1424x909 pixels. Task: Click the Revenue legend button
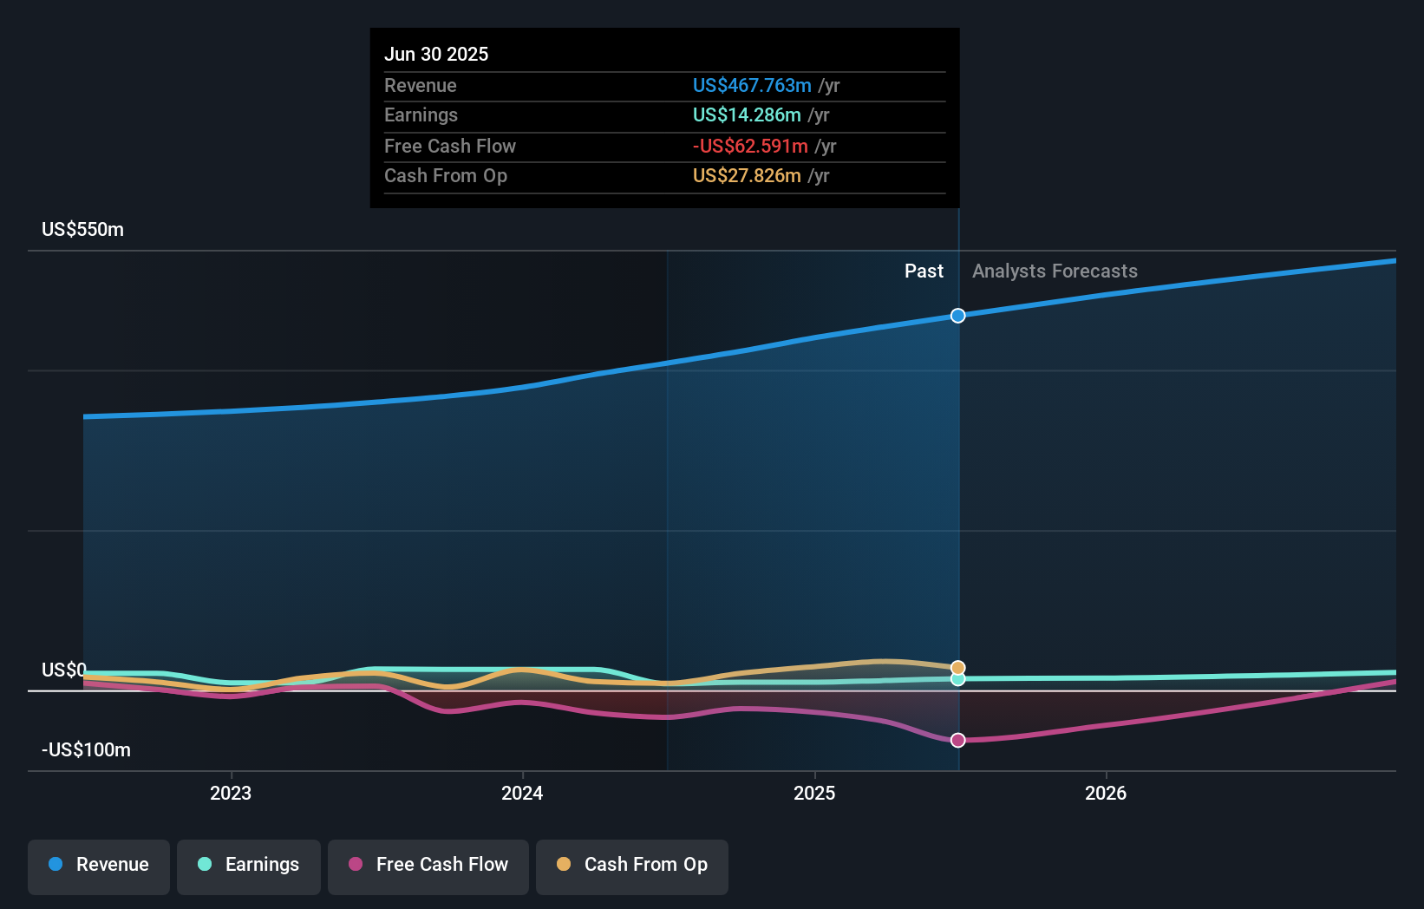pos(99,865)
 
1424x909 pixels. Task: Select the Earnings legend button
pos(249,865)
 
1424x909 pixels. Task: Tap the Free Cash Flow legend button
pos(428,865)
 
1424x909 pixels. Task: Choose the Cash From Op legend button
pos(632,865)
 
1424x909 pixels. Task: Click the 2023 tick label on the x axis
pos(231,793)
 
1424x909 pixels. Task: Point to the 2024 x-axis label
pos(522,793)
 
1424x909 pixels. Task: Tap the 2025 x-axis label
pos(814,793)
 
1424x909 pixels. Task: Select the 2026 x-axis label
pos(1106,793)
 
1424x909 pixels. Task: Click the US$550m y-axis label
pos(83,230)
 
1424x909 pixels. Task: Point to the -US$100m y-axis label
pos(87,750)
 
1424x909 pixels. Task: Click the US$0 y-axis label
pos(64,670)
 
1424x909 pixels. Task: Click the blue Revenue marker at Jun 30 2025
pos(957,316)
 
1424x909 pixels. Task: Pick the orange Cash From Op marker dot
pos(957,668)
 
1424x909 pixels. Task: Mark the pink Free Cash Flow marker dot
pos(957,740)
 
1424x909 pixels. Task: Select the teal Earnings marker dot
pos(957,679)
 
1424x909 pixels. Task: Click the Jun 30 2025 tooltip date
pos(436,54)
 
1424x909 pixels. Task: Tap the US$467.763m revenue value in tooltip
pos(752,85)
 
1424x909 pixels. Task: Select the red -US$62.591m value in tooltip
pos(750,146)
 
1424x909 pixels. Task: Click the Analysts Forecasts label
pos(1055,271)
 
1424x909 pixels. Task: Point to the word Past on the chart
pos(924,271)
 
